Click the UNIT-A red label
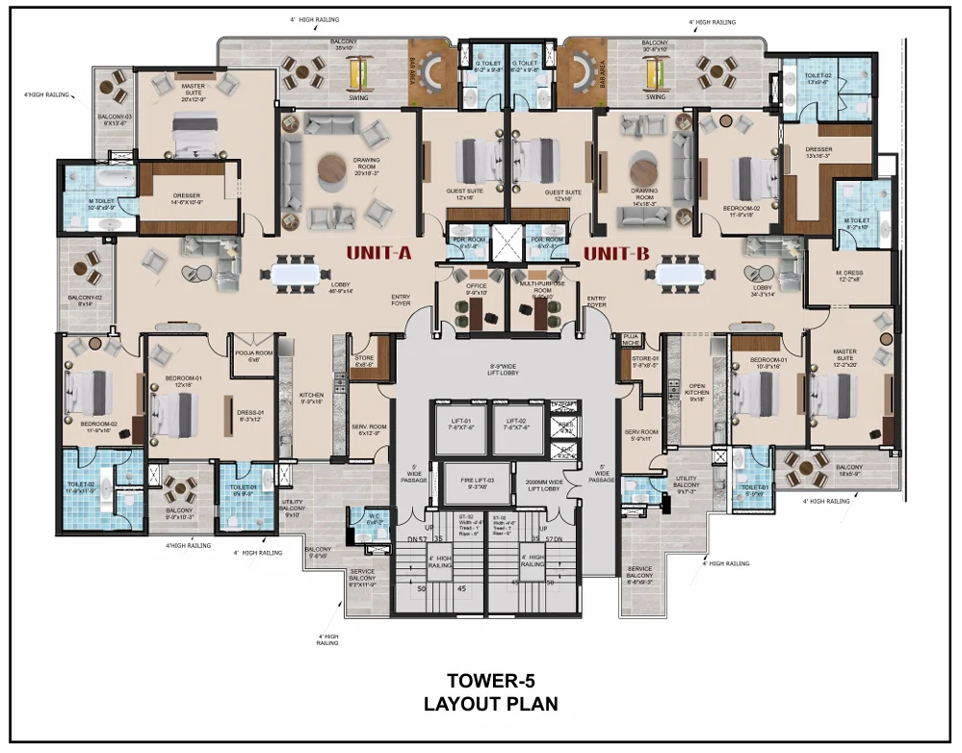pyautogui.click(x=378, y=253)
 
